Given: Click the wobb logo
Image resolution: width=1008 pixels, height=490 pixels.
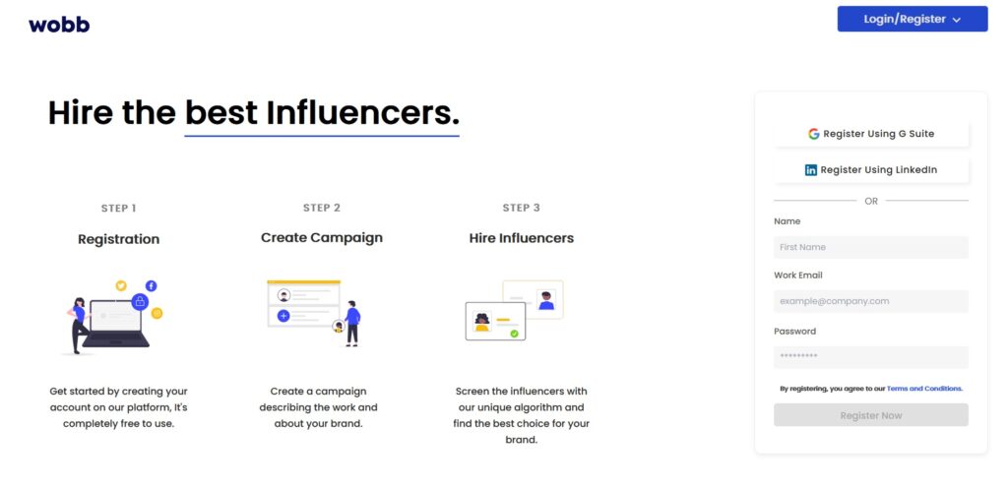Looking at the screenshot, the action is (x=59, y=25).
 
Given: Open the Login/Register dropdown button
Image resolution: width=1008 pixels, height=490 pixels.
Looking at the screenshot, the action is (x=913, y=20).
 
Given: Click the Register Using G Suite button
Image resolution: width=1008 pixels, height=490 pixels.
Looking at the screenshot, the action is (x=871, y=134).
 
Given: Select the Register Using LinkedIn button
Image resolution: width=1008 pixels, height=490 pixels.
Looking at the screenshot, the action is (x=871, y=170).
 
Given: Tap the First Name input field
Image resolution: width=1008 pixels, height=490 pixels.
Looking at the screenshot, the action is (x=871, y=247).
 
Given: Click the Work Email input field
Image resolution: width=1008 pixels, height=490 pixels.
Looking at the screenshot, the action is (x=871, y=301).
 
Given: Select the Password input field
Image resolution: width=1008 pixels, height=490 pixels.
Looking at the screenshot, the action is (x=871, y=357).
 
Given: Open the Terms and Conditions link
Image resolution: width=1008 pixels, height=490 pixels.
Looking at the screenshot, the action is (x=924, y=389).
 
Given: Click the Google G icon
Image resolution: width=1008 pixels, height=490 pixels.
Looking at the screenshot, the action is (x=814, y=134).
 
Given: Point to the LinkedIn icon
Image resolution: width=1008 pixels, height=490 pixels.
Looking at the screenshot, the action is (x=811, y=170).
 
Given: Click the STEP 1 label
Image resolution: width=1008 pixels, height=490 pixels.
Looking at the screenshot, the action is (x=119, y=208).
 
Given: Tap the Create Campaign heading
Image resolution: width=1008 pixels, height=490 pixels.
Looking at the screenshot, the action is (x=322, y=237).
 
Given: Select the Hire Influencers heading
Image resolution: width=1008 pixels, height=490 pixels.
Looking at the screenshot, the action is (x=522, y=238).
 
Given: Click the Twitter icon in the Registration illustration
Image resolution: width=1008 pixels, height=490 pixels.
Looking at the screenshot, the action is (x=121, y=285).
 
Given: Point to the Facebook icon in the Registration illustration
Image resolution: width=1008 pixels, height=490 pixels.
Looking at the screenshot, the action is (x=151, y=285).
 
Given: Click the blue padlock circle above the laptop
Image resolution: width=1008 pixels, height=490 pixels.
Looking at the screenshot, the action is (x=140, y=302).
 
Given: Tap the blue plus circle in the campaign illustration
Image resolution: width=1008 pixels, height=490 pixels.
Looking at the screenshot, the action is (x=283, y=316).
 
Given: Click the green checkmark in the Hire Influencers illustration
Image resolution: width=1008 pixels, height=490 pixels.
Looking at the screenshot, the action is (x=514, y=334).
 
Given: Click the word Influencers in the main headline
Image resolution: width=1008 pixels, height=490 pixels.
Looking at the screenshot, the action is (x=362, y=113).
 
